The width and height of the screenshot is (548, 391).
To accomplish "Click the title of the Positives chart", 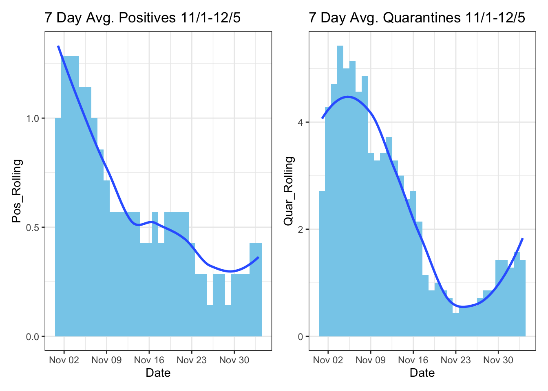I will [142, 18].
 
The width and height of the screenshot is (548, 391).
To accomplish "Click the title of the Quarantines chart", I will [417, 18].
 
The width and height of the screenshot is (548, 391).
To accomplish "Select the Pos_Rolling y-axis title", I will [17, 191].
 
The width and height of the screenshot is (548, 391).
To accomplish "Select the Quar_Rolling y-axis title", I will [289, 191].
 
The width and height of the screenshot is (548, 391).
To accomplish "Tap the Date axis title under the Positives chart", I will [158, 373].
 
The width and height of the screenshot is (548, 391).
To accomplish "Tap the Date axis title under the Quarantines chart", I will [422, 373].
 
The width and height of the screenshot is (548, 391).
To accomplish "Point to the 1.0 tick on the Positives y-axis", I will [33, 119].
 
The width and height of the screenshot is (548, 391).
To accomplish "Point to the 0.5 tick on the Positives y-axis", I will [33, 227].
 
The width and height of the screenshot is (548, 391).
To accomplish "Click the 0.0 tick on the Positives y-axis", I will [33, 337].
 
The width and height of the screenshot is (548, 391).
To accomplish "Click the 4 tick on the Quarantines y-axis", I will [301, 122].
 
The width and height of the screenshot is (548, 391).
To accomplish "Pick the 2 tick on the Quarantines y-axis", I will [301, 229].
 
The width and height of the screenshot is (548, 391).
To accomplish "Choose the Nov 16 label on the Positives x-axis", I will [149, 360].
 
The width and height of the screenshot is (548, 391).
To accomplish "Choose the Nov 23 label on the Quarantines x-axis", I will [455, 360].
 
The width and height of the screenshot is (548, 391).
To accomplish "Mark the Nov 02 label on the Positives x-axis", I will [64, 360].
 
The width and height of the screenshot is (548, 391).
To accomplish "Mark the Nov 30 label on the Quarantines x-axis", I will [498, 360].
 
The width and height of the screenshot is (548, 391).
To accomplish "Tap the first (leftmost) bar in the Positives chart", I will [58, 228].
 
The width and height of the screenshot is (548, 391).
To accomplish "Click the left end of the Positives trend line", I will [58, 46].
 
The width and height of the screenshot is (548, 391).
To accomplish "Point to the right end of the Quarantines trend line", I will [522, 239].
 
